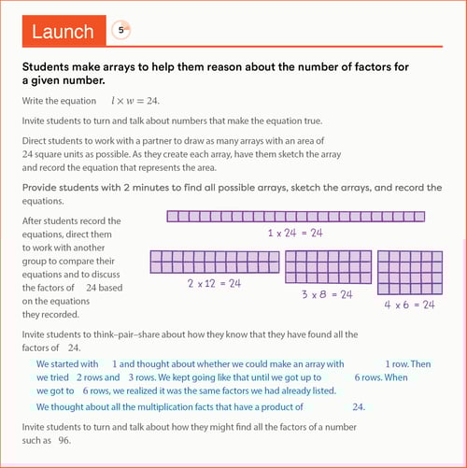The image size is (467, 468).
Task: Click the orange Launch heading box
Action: point(64,31)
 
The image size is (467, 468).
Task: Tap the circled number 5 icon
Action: point(120,30)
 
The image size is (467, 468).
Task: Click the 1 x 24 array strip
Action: point(296,217)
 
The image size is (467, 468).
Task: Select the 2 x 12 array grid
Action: point(215,262)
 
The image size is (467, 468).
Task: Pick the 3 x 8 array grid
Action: point(329,267)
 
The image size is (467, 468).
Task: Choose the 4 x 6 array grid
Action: point(410,273)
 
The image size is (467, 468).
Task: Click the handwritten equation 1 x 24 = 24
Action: point(295,233)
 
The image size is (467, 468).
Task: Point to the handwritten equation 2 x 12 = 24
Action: point(214,283)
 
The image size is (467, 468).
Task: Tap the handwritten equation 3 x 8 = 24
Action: point(327,294)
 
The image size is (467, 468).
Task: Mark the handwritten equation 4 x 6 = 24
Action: point(409,305)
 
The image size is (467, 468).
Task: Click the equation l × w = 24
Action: point(135,101)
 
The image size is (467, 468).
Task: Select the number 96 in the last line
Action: point(64,440)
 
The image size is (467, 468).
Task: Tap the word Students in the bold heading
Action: point(46,66)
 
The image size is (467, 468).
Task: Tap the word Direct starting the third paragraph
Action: point(34,141)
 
